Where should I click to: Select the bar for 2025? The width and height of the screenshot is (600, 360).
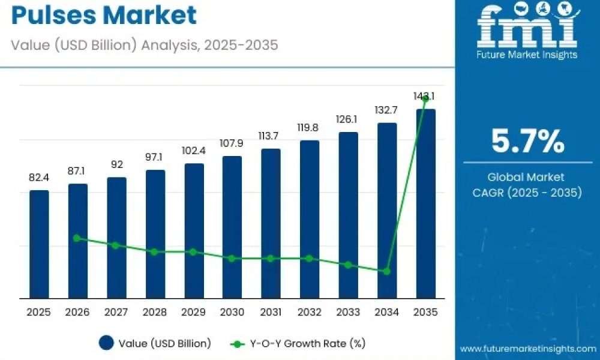pos(39,244)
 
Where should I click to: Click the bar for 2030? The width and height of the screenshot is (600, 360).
pos(232,227)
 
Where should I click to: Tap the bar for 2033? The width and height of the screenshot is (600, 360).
pos(348,215)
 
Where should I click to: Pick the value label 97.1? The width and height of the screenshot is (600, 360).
pos(154,157)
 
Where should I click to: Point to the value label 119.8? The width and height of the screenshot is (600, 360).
pos(308,128)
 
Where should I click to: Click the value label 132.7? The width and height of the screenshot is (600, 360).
pos(386,110)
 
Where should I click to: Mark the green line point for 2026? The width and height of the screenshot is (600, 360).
pos(77,238)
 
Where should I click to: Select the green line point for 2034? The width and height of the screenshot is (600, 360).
pos(387,271)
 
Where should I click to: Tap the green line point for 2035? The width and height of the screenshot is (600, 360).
pos(425,99)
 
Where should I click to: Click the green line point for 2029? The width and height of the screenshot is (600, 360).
pos(193,252)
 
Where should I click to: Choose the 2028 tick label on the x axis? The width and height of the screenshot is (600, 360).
pos(155,312)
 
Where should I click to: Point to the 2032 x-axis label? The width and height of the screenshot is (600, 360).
pos(309,312)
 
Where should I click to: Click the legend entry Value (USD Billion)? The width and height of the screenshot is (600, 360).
pos(155,343)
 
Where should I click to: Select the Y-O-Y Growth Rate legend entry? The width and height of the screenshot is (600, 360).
pos(298,344)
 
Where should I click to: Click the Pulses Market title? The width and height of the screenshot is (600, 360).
pos(104,16)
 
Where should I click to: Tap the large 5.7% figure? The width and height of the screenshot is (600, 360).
pos(527,141)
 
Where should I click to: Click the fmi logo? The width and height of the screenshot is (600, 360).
pos(528,31)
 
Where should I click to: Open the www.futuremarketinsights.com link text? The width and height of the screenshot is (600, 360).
pos(528,349)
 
